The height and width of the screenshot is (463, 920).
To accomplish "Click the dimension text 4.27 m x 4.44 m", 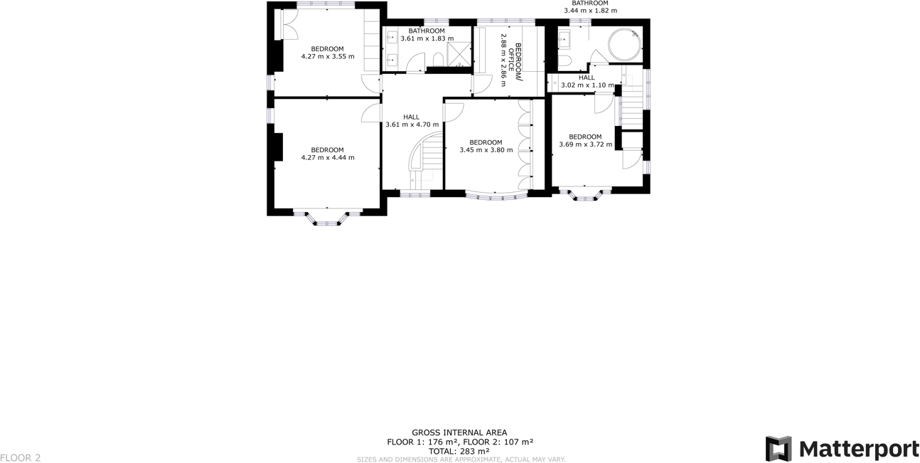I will tap(327, 158).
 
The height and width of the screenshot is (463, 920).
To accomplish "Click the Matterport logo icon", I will tap(778, 449).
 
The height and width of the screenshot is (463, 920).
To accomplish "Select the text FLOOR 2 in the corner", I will tap(21, 458).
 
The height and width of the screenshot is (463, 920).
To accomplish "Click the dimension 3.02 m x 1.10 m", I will tap(587, 85).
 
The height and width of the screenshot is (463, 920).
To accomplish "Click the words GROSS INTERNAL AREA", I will tap(459, 432).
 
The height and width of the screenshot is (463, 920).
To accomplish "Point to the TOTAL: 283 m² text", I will tap(459, 451).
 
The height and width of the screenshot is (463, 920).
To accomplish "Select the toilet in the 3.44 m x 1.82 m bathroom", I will tap(564, 60).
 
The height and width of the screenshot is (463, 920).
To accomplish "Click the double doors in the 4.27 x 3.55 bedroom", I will tap(289, 25).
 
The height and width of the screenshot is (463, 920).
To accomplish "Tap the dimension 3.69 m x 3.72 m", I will tap(585, 144).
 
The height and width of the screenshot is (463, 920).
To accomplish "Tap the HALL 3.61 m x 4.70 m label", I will tap(412, 121).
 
